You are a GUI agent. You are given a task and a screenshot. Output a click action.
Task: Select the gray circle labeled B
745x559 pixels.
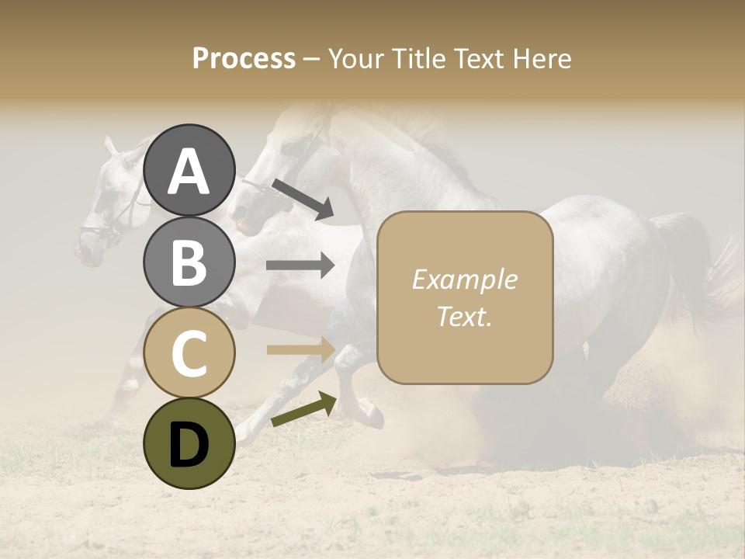[189, 262]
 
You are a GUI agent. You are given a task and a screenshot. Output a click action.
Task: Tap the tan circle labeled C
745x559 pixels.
[189, 352]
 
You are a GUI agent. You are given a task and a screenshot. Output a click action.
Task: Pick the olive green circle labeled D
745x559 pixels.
[189, 444]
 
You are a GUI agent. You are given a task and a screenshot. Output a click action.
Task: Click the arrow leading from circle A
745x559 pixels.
[303, 199]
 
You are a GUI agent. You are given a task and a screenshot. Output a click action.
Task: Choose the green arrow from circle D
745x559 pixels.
[303, 410]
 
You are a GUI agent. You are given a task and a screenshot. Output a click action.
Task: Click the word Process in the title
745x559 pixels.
[244, 58]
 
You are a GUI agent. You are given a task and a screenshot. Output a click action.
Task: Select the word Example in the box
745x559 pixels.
[464, 279]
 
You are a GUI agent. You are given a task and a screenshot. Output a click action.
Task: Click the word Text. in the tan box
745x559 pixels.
[464, 316]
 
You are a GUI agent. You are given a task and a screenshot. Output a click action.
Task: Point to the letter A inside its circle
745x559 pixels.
[189, 171]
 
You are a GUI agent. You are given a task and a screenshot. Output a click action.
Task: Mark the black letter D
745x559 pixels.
[189, 446]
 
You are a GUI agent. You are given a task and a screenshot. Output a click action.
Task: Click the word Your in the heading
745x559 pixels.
[355, 58]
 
